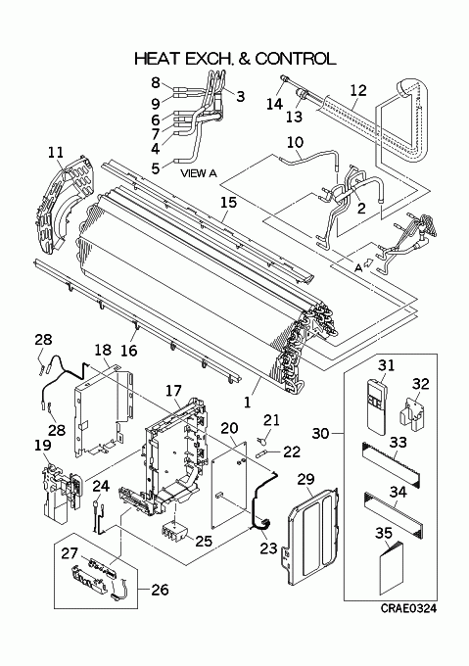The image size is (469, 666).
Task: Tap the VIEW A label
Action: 199,173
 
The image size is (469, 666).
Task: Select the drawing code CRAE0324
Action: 408,608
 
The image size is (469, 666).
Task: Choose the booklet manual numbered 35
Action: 392,569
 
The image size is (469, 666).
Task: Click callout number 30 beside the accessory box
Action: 320,434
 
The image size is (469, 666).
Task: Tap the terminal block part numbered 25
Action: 174,532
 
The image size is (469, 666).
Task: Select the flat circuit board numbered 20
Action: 229,485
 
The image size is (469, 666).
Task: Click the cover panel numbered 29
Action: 312,532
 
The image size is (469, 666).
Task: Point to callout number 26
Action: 160,590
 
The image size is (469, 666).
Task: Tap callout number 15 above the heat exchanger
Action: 228,202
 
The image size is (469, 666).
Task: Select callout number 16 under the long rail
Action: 129,351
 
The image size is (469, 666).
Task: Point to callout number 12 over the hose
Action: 358,90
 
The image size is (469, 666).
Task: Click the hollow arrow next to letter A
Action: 369,262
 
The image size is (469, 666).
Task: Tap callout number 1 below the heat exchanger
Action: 248,402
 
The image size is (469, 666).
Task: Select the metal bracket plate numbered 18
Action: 103,410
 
